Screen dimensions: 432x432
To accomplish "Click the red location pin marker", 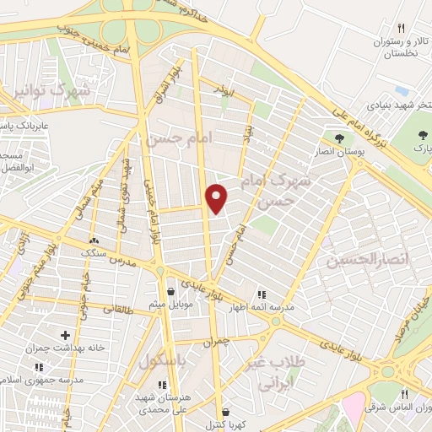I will tap(217, 198).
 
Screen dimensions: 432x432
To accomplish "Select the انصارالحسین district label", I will tap(371, 261).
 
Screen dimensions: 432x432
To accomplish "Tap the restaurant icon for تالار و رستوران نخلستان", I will tap(402, 28).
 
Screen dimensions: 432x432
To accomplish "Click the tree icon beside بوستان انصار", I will tap(339, 138).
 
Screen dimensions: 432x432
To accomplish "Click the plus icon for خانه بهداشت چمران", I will tap(65, 335).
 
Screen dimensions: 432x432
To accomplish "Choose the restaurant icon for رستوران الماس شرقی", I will tap(405, 393).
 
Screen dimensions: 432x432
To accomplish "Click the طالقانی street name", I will tap(118, 310).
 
